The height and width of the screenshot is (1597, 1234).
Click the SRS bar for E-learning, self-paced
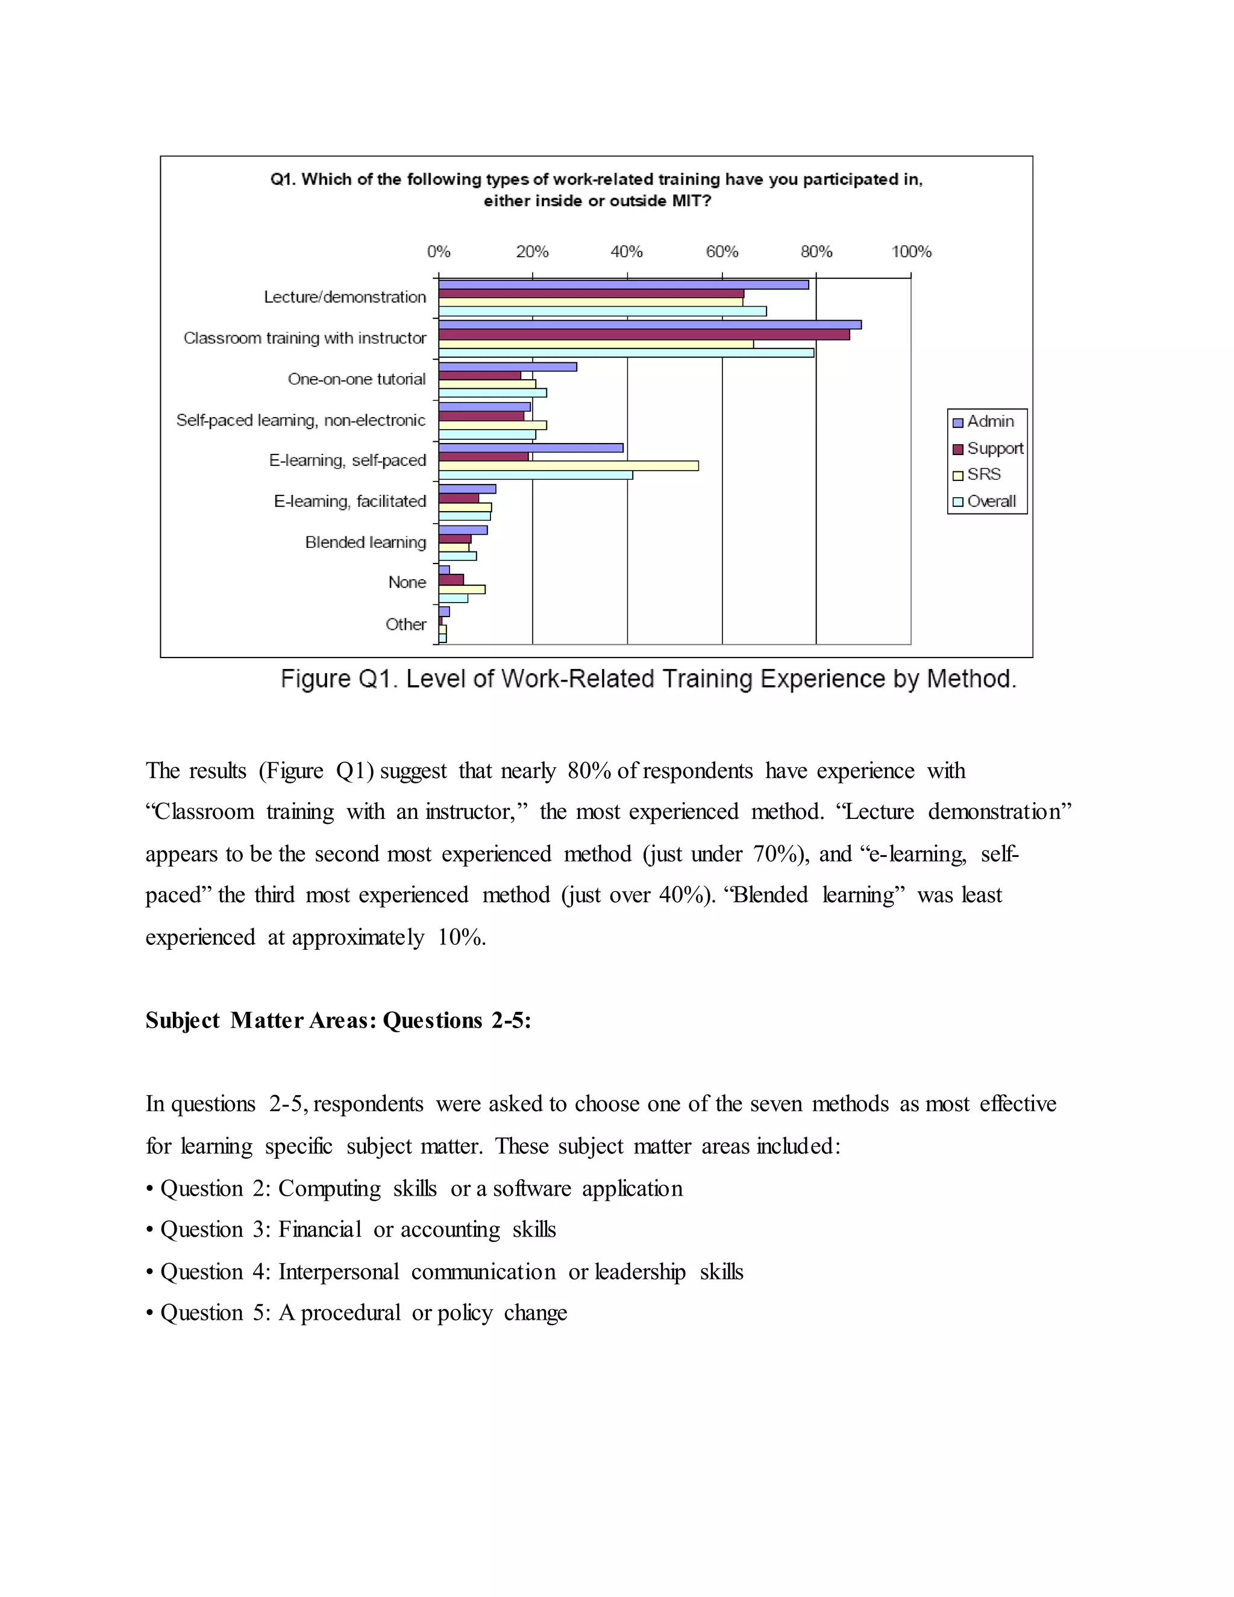[568, 466]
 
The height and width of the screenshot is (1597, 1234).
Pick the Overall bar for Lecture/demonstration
[602, 312]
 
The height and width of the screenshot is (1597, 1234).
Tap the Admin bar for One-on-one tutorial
[507, 366]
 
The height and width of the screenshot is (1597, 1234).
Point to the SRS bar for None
[462, 589]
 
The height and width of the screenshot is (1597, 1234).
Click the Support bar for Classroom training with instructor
[644, 335]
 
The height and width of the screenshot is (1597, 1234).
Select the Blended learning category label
[366, 542]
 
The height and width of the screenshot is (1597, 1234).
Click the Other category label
[406, 624]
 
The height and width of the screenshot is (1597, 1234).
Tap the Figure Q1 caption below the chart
[648, 679]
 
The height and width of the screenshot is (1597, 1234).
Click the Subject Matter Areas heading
[338, 1020]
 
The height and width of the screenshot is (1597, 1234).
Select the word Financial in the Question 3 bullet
[319, 1229]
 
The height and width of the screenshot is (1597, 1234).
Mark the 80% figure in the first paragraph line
[589, 771]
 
